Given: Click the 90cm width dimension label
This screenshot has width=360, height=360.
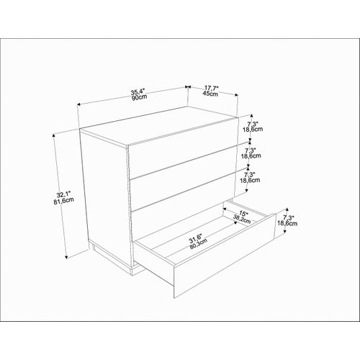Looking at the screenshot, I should click(x=139, y=97).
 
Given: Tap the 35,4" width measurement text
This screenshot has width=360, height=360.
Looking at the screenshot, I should click(x=138, y=91).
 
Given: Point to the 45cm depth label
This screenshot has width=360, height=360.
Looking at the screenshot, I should click(x=211, y=94).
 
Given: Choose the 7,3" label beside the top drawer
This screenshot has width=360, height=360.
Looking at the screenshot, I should click(x=251, y=124).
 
